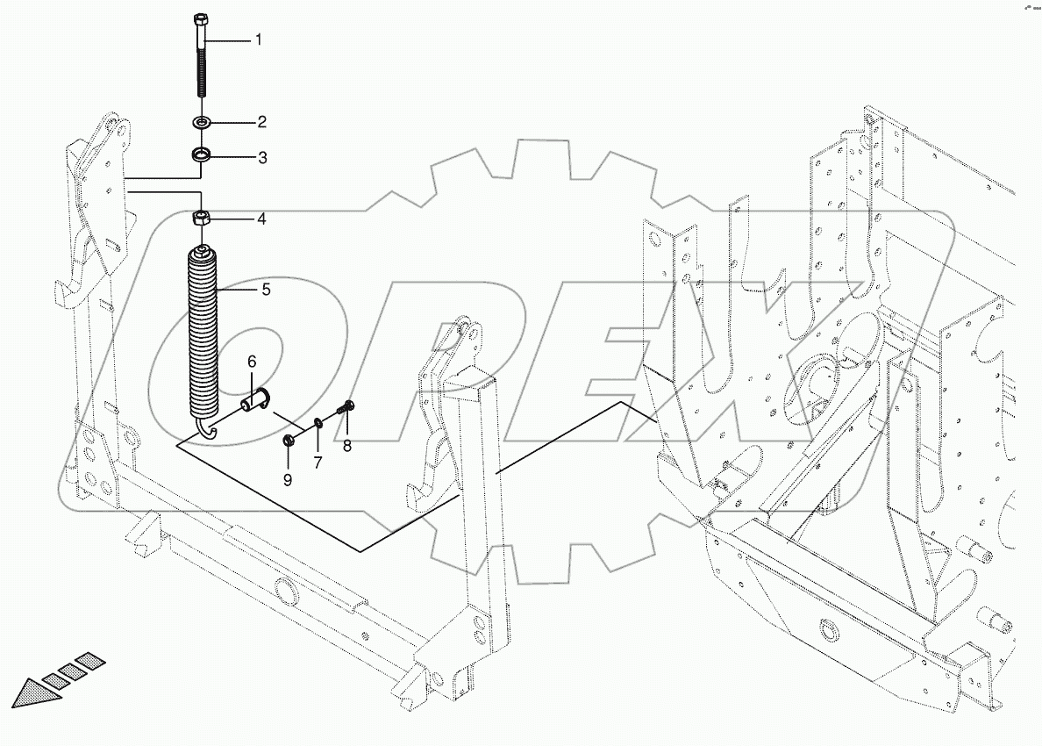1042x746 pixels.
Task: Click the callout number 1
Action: (x=258, y=40)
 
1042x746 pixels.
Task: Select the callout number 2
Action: (x=260, y=121)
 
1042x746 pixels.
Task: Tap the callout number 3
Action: (x=261, y=158)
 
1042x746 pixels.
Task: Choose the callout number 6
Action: (x=251, y=362)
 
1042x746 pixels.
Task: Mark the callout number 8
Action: (x=347, y=446)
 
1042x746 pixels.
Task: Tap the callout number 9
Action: (x=288, y=479)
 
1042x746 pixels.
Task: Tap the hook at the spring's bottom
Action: (x=206, y=427)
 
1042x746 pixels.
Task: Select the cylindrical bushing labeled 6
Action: (x=255, y=403)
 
